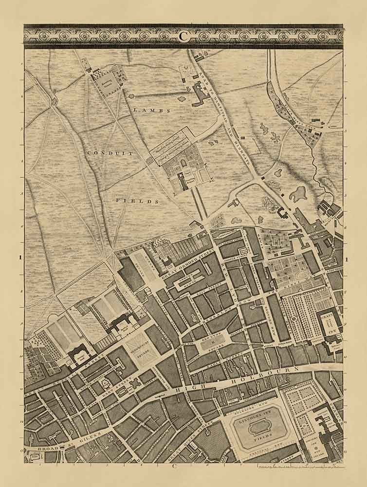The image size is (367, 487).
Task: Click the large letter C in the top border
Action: tap(183, 35)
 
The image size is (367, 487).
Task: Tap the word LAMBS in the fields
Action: tap(151, 111)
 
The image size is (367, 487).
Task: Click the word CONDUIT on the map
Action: tap(103, 153)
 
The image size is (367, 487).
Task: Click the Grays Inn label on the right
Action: tap(335, 321)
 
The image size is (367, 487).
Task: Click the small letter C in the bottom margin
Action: tap(173, 466)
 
